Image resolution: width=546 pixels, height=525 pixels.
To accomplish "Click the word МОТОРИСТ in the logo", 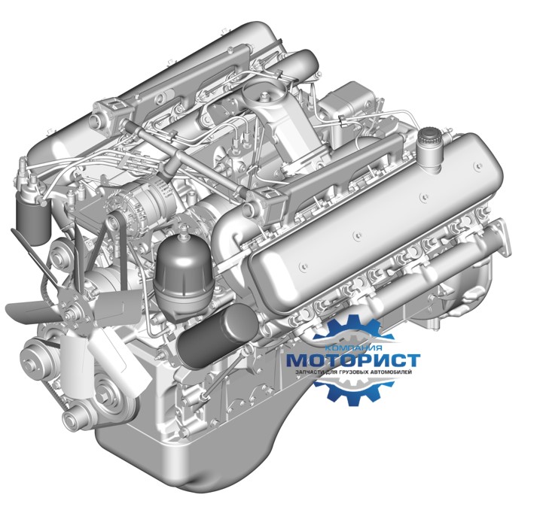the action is [352, 360].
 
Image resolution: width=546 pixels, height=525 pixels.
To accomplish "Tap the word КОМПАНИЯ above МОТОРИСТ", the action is [353, 348].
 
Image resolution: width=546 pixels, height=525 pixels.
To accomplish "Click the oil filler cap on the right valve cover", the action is [431, 135].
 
